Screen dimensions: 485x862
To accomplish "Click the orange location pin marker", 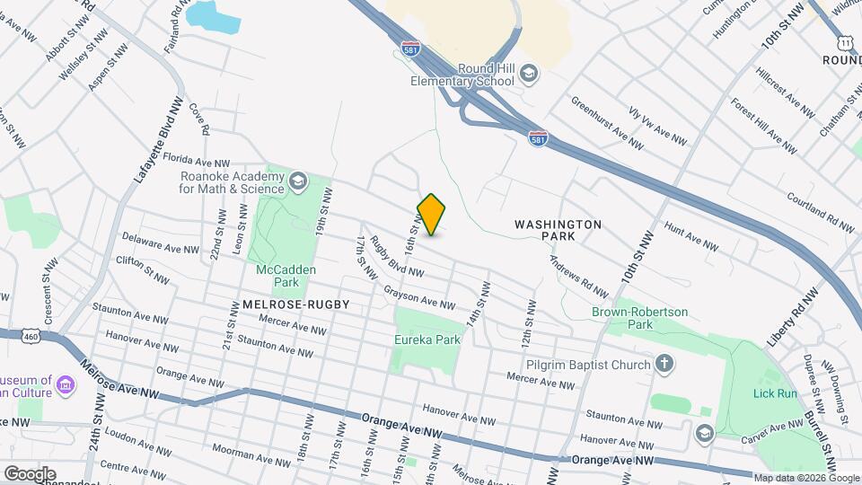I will coord(432,215).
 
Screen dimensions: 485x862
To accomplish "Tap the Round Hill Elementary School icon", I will coord(531,73).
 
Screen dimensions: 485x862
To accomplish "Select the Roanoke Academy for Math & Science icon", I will coord(298,182).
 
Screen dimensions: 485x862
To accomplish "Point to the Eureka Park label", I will coord(427,339).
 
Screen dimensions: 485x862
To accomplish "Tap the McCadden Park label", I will coord(277,275).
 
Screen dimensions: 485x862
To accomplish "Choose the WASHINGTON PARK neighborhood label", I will coord(558,230).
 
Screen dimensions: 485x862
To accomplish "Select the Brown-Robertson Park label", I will coord(639,318).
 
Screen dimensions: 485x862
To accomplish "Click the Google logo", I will coord(30,473).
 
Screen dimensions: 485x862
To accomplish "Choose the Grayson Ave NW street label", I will coord(420,296).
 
